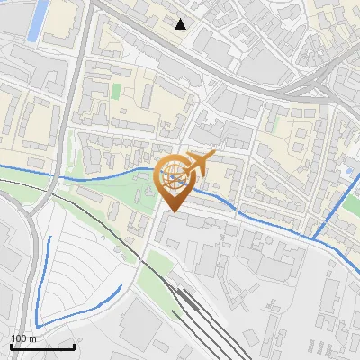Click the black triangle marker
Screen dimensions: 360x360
(181, 24)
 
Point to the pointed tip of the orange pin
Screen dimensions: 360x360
(172, 211)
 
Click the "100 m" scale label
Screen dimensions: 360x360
(22, 338)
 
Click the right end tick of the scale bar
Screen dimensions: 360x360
(74, 344)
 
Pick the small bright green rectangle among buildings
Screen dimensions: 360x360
(116, 92)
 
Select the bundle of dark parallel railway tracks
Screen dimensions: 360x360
(202, 315)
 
